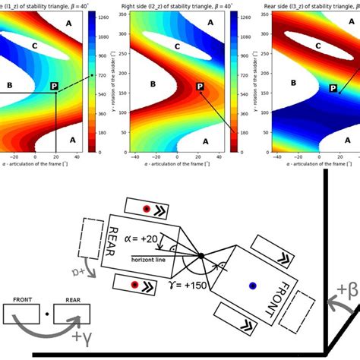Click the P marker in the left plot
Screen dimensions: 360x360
54,87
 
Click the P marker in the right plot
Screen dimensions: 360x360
333,89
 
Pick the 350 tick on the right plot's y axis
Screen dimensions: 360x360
264,33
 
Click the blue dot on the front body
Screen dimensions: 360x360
252,286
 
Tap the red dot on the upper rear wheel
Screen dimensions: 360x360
156,207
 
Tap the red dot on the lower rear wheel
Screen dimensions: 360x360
134,285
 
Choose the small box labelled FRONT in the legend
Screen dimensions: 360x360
24,312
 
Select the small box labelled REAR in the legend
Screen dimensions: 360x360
74,312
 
